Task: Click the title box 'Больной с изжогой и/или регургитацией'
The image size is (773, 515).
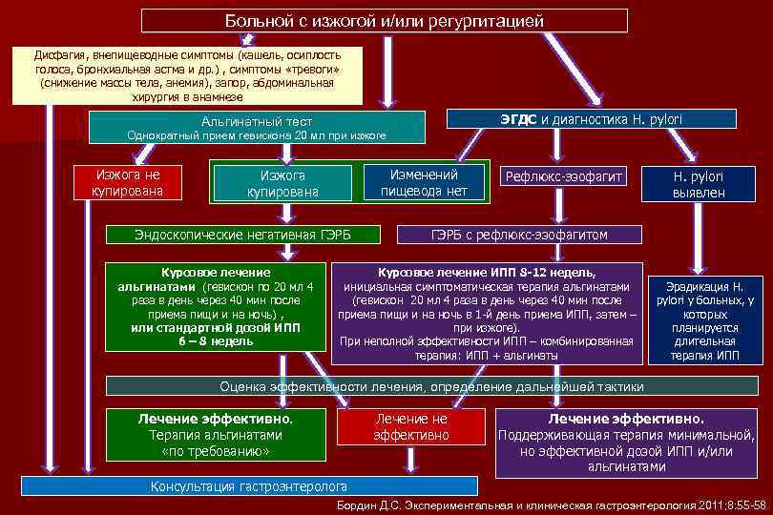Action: (x=385, y=20)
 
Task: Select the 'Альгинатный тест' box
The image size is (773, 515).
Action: (x=255, y=122)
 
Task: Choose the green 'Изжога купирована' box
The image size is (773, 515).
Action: (x=282, y=183)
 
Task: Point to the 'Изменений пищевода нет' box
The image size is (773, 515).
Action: (x=424, y=182)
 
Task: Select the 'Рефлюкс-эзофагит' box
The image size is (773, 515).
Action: (x=564, y=177)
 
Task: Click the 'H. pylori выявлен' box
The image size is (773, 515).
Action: (x=699, y=184)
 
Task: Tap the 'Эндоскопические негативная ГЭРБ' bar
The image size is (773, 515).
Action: (x=242, y=234)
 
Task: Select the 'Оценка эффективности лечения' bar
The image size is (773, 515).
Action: (x=431, y=386)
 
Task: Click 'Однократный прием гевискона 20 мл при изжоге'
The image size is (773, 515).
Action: (x=257, y=136)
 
